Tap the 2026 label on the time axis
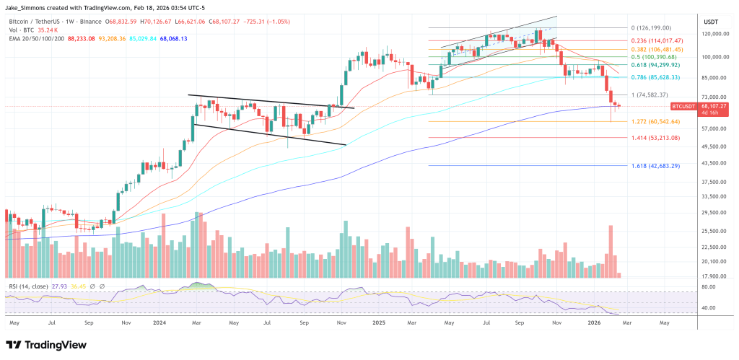[592, 324]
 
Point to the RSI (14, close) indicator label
[28, 286]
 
